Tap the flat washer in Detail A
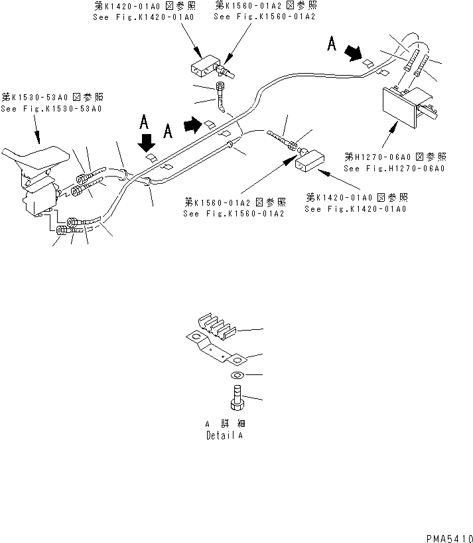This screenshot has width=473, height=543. [237, 376]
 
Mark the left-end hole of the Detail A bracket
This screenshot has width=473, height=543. [196, 338]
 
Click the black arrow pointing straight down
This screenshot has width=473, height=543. [147, 141]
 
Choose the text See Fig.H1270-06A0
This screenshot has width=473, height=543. [394, 168]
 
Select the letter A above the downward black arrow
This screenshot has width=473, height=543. [143, 121]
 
